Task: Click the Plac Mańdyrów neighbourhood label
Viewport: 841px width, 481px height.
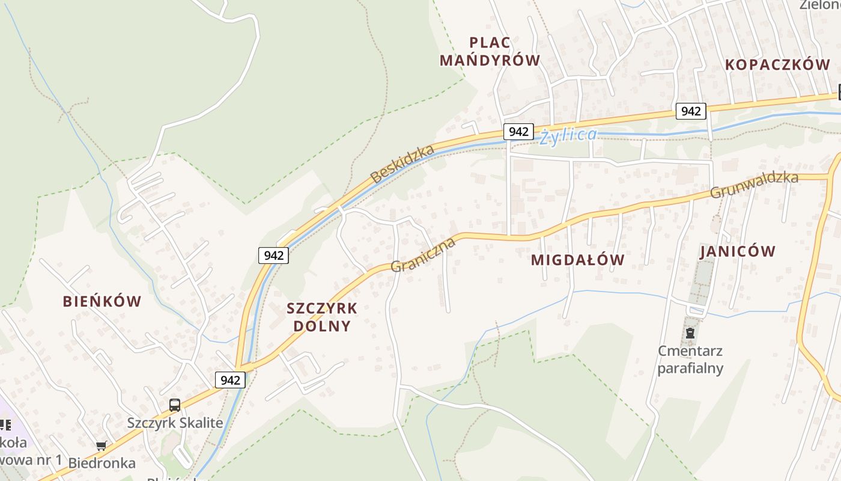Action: pyautogui.click(x=490, y=51)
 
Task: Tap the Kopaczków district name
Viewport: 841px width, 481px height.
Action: pyautogui.click(x=777, y=65)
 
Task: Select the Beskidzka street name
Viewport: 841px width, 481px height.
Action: pyautogui.click(x=402, y=164)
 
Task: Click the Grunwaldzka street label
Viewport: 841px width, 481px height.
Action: pyautogui.click(x=754, y=185)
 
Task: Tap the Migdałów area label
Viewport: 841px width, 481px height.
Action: pyautogui.click(x=578, y=260)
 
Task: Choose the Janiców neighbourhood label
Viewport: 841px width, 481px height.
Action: pyautogui.click(x=738, y=251)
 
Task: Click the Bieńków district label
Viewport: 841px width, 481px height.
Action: pyautogui.click(x=102, y=301)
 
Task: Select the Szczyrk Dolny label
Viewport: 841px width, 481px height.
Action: pyautogui.click(x=322, y=317)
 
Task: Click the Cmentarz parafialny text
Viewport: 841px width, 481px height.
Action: pyautogui.click(x=690, y=360)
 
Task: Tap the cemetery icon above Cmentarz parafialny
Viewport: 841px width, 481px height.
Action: pyautogui.click(x=690, y=332)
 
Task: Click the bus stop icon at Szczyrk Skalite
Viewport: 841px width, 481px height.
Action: pyautogui.click(x=175, y=405)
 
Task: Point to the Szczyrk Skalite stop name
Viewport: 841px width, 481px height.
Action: pyautogui.click(x=175, y=423)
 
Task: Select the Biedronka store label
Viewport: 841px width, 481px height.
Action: pyautogui.click(x=102, y=463)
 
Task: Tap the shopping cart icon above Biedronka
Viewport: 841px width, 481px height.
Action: pyautogui.click(x=102, y=446)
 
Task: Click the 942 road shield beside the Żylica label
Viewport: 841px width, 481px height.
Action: pyautogui.click(x=518, y=132)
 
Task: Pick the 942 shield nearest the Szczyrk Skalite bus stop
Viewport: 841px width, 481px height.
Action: pyautogui.click(x=230, y=380)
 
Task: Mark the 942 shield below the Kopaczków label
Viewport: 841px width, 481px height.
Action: pyautogui.click(x=691, y=111)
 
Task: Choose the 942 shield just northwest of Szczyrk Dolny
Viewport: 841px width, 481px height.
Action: pyautogui.click(x=273, y=256)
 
